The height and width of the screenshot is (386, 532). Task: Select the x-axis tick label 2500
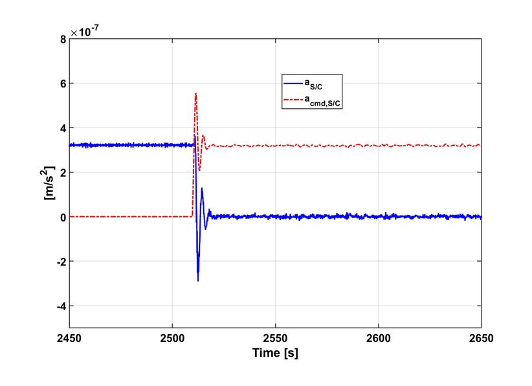click(x=172, y=337)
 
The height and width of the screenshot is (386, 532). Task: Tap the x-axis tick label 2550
click(x=275, y=337)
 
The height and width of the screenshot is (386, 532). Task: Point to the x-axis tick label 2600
click(x=378, y=337)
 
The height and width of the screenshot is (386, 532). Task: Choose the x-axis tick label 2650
click(x=481, y=337)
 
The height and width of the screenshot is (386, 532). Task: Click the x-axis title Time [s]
click(x=274, y=353)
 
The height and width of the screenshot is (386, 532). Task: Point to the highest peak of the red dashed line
click(x=195, y=94)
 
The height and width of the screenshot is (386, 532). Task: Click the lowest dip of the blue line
click(x=197, y=280)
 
